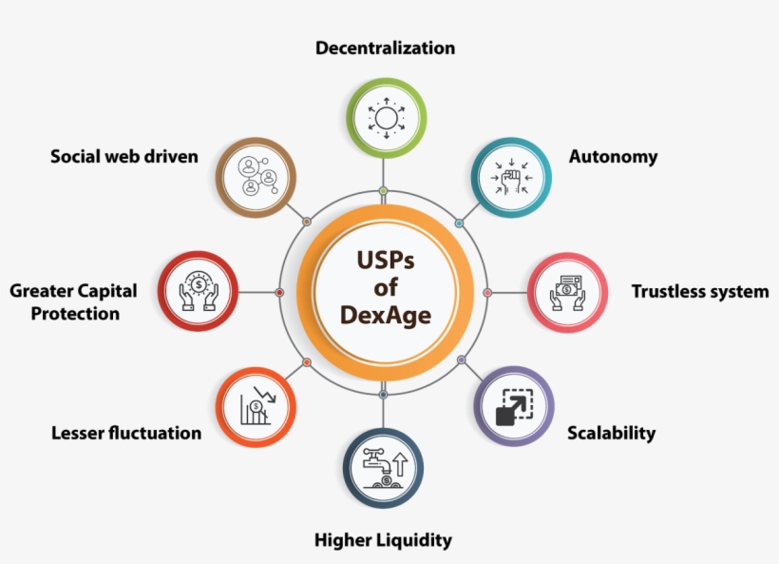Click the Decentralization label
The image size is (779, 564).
click(x=385, y=48)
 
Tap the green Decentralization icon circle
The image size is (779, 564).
click(x=385, y=118)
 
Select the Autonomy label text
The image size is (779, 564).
click(x=613, y=157)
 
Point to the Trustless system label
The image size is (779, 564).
click(x=700, y=292)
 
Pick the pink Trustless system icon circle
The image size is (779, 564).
click(x=567, y=293)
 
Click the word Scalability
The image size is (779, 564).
click(x=611, y=433)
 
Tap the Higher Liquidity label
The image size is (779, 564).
click(x=383, y=540)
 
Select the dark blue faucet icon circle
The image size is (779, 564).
click(x=383, y=468)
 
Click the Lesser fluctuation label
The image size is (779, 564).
click(x=126, y=433)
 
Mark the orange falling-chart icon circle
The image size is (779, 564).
click(x=256, y=406)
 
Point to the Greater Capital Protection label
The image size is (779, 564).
click(x=74, y=301)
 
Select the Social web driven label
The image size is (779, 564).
click(x=124, y=156)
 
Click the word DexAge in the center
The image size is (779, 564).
click(x=385, y=313)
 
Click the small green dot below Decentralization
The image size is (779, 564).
click(x=384, y=191)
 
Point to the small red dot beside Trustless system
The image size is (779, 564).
click(x=487, y=292)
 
